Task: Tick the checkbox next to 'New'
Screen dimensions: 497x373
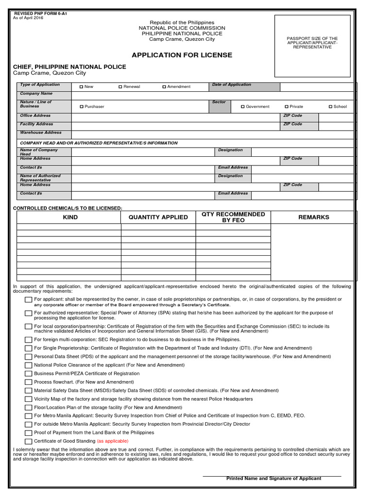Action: [x=81, y=87]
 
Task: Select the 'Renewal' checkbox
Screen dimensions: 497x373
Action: [x=120, y=87]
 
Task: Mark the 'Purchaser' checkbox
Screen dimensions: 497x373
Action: [x=81, y=107]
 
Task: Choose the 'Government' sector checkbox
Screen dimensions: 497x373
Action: [x=243, y=107]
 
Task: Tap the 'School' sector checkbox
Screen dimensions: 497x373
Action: [x=330, y=107]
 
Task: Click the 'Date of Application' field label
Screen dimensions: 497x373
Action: [x=232, y=85]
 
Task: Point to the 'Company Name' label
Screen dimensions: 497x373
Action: [x=36, y=93]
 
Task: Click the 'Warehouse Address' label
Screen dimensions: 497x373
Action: [x=40, y=133]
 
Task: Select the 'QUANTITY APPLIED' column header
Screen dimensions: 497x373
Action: [x=158, y=217]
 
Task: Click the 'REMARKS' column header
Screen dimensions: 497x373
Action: [x=313, y=217]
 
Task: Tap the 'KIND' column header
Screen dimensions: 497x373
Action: [x=70, y=217]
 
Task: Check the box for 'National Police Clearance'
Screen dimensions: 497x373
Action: [x=29, y=365]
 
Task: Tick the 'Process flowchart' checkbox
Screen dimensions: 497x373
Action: [x=29, y=382]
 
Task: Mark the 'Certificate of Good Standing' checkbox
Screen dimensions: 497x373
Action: [x=29, y=441]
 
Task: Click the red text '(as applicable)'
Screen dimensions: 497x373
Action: [x=113, y=441]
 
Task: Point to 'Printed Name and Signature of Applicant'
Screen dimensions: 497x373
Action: [x=273, y=479]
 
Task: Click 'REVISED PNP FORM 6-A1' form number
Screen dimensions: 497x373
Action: [x=34, y=13]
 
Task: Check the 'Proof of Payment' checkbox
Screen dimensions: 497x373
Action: [x=29, y=433]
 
